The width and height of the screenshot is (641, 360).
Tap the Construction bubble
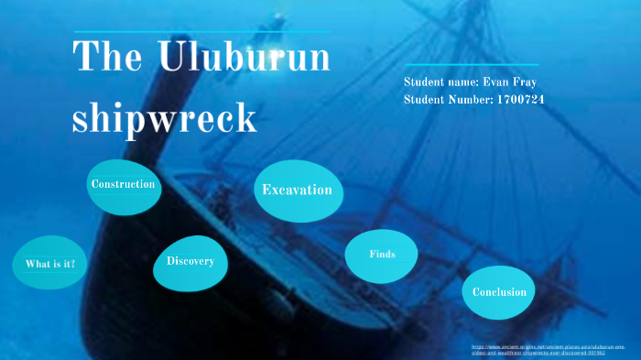(x=123, y=185)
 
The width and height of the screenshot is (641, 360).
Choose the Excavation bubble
(x=297, y=191)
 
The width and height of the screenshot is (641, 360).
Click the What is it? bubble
(x=50, y=265)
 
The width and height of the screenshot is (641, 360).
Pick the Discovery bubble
(x=190, y=262)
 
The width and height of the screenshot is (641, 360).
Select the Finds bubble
(x=382, y=254)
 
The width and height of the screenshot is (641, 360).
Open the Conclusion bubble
(x=499, y=292)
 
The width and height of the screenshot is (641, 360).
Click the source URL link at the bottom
(x=548, y=350)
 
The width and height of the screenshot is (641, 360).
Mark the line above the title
(x=201, y=32)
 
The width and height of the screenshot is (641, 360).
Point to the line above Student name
(x=471, y=65)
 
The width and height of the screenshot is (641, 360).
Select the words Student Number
(x=448, y=98)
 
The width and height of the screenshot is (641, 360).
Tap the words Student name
(x=440, y=82)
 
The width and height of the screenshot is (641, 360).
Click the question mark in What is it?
(x=72, y=265)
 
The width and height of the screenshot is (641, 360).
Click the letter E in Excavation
(x=266, y=191)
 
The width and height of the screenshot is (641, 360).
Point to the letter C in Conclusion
(x=476, y=292)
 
